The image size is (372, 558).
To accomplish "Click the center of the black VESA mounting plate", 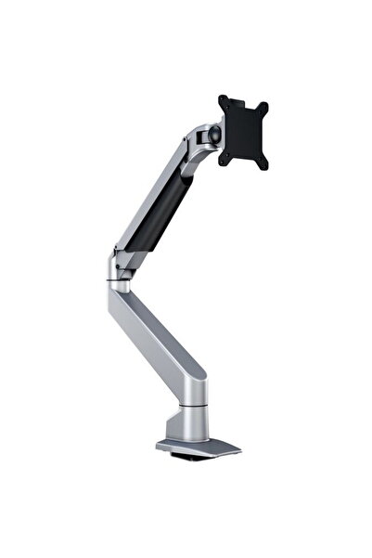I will click(242, 130).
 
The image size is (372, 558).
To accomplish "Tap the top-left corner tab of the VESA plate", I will click(224, 99).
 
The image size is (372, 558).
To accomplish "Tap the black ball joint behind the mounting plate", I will click(215, 135).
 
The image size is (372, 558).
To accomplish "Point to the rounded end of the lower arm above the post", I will click(191, 381).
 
